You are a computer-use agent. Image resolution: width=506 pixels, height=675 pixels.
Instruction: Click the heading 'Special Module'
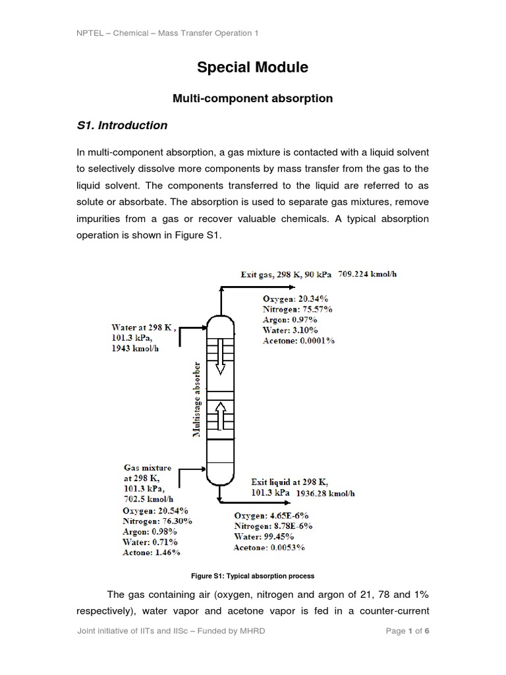[x=253, y=67]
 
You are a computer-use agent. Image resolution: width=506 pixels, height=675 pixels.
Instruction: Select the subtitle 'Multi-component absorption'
[x=253, y=99]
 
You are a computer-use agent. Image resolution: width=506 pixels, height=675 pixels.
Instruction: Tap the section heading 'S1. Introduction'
[x=123, y=125]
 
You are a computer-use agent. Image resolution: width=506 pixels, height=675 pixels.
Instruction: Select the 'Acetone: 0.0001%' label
[x=298, y=341]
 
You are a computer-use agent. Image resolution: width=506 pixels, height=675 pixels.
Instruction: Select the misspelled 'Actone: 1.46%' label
[x=152, y=552]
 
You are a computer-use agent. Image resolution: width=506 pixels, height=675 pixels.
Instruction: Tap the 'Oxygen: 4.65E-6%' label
[x=271, y=515]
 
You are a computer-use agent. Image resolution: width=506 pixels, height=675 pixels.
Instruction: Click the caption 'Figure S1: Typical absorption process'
[x=253, y=575]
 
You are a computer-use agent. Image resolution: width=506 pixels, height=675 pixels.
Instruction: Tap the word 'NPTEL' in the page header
[x=90, y=33]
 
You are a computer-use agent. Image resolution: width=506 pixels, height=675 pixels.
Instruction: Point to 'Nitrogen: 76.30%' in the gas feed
[x=157, y=521]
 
